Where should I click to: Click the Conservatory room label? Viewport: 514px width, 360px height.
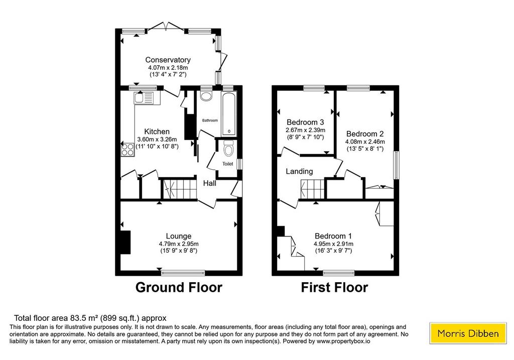tap(168, 60)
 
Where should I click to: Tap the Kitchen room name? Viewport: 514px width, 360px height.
tap(157, 132)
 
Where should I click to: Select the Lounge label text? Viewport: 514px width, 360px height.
tap(179, 236)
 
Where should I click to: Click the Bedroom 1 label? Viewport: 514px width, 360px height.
tap(333, 236)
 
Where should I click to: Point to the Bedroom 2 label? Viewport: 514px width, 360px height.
tap(365, 134)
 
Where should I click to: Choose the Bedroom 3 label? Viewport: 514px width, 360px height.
tap(305, 123)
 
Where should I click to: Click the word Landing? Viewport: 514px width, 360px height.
tap(299, 171)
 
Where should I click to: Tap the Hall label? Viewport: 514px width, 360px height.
tap(209, 183)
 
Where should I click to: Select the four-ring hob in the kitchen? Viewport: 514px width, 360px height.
tap(128, 150)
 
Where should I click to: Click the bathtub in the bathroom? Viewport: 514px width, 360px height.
tap(228, 114)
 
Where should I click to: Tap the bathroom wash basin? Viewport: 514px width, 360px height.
tap(206, 96)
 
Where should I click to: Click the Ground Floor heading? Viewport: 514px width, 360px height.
tap(179, 287)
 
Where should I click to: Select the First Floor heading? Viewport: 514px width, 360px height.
tap(334, 287)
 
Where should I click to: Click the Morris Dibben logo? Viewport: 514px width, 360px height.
tap(468, 333)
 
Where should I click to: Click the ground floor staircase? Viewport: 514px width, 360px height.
tap(180, 189)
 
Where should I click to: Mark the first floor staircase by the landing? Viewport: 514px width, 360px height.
tap(312, 189)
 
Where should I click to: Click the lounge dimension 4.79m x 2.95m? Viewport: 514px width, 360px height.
tap(179, 244)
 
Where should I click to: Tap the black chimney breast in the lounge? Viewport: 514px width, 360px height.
tap(125, 243)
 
